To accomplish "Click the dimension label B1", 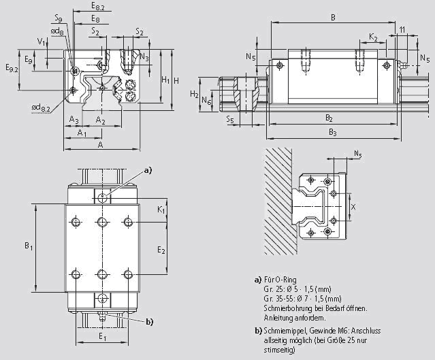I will [x=29, y=246].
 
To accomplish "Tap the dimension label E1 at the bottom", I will [x=102, y=336].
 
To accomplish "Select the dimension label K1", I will [x=161, y=211].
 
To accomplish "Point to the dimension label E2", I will [x=161, y=250].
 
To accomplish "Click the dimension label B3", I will [x=332, y=132].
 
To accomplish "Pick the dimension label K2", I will [x=374, y=35].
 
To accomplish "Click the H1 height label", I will [x=165, y=80].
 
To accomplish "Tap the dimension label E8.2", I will [x=98, y=6].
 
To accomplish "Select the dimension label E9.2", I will [x=12, y=68].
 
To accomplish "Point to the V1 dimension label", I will [x=41, y=42].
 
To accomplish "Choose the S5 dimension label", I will [x=230, y=120].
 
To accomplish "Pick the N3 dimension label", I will [x=144, y=57].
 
